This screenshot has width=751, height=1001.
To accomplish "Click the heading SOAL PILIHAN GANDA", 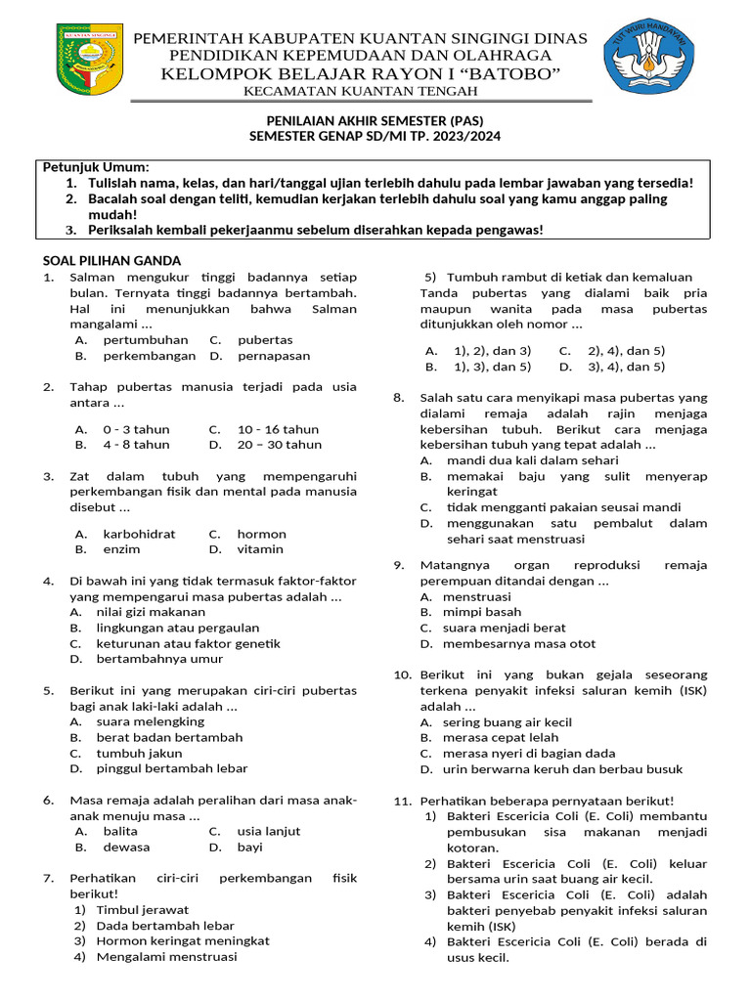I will tap(111, 260).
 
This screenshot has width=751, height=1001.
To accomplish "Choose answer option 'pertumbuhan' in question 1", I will tap(146, 340).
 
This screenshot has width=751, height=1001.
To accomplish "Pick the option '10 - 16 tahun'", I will tap(278, 429).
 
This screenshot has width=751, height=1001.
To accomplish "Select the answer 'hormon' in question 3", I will tap(261, 534).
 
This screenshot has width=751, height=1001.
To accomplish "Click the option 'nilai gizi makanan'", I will tap(151, 612).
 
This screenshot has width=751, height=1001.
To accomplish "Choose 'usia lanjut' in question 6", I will tap(268, 831).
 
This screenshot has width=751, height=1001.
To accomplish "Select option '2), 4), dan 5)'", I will tap(626, 350).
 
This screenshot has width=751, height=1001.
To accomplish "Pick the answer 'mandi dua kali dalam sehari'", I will tap(532, 459).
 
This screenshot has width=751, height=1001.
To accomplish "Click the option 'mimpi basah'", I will tap(482, 612).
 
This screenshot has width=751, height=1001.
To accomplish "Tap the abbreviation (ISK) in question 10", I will tap(688, 690).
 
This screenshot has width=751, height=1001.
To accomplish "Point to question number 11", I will tap(402, 801).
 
